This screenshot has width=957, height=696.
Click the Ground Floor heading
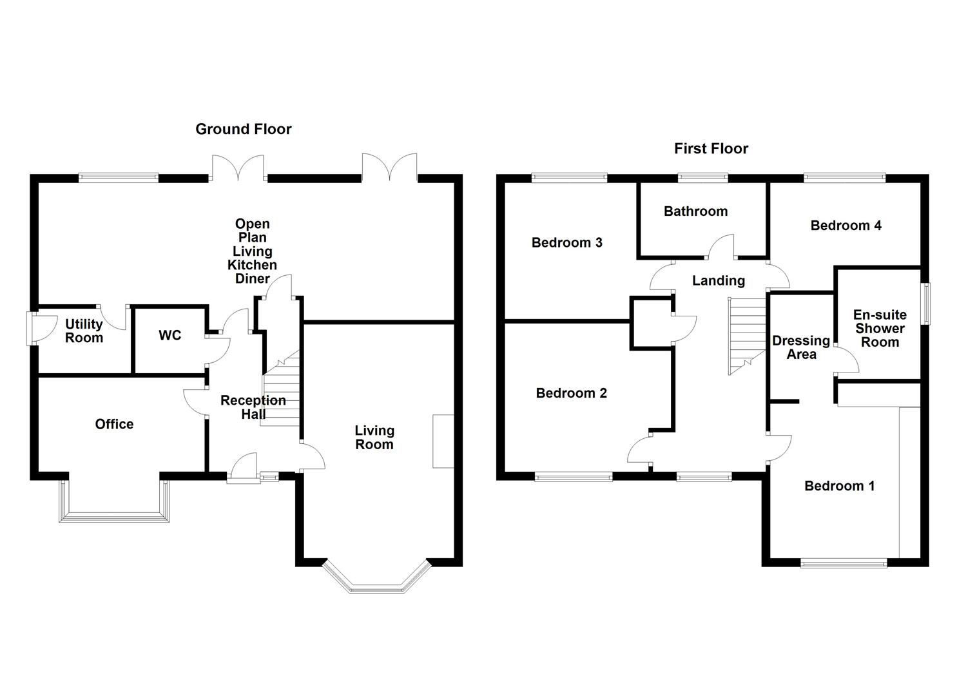coord(244,130)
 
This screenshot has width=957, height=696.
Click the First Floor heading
coord(711,149)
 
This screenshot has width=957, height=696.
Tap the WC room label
coord(170,336)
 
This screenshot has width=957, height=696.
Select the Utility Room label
coord(84,331)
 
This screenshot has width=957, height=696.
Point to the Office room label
coord(114,424)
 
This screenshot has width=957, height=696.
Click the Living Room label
coord(374,438)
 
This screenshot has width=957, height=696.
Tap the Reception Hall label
coord(253,407)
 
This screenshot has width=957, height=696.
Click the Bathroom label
coord(695,211)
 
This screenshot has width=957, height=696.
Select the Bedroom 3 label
coord(566,243)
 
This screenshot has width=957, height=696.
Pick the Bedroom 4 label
coord(846,226)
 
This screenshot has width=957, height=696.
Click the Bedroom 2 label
coord(571,393)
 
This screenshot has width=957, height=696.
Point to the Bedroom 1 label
coord(839,486)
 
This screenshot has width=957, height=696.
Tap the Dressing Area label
coord(801,348)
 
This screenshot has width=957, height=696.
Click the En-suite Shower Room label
coord(880,329)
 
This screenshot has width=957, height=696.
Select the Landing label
coord(719,281)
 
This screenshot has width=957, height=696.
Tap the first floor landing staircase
coord(748,335)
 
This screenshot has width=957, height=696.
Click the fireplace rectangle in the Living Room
coord(443,441)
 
